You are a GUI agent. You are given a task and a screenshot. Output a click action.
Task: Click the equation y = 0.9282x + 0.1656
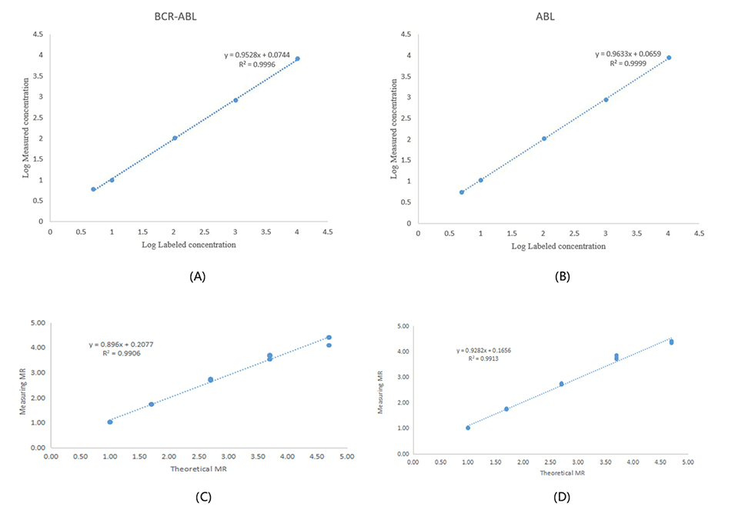click(484, 350)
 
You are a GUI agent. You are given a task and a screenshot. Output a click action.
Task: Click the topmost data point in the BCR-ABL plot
click(297, 59)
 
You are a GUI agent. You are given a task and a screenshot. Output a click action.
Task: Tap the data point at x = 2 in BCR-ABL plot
click(175, 138)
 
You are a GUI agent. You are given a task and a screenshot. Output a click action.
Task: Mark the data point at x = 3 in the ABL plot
click(606, 99)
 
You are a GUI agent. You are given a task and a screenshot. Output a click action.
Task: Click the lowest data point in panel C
click(110, 422)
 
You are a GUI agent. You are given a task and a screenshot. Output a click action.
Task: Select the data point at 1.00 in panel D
click(468, 428)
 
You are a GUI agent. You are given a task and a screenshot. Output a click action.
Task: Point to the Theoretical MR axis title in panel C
click(199, 468)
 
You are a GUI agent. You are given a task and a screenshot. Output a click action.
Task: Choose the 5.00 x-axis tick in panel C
click(346, 457)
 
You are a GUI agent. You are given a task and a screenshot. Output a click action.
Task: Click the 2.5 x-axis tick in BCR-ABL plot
click(205, 231)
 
